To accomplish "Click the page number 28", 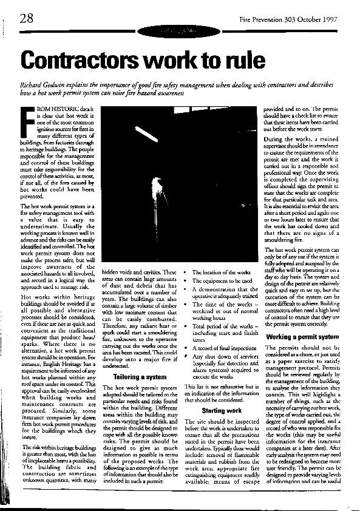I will click(x=25, y=18).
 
